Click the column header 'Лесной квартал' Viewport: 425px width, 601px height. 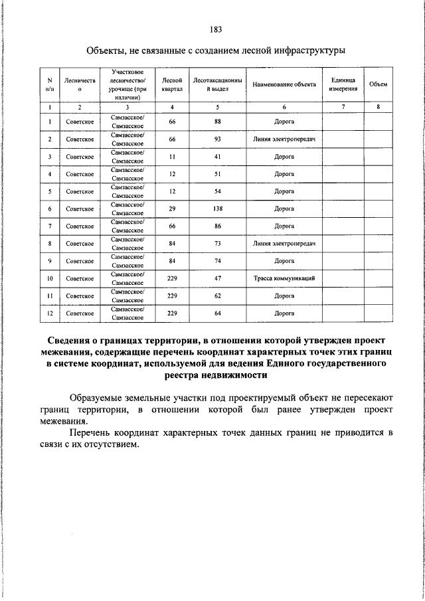point(172,84)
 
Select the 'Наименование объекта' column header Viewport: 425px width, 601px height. point(284,84)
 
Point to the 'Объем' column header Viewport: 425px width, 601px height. point(378,84)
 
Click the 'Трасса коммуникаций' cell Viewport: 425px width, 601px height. point(284,278)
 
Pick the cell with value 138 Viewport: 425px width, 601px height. point(217,209)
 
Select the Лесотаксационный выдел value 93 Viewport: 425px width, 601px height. point(217,139)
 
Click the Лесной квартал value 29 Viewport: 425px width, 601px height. point(172,209)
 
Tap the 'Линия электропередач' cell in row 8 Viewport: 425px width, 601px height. point(284,244)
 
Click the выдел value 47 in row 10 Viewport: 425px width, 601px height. point(217,278)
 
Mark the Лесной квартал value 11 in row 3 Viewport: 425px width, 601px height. point(172,157)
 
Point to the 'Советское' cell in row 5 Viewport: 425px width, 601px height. point(79,191)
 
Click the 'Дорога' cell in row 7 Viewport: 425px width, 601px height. point(284,226)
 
